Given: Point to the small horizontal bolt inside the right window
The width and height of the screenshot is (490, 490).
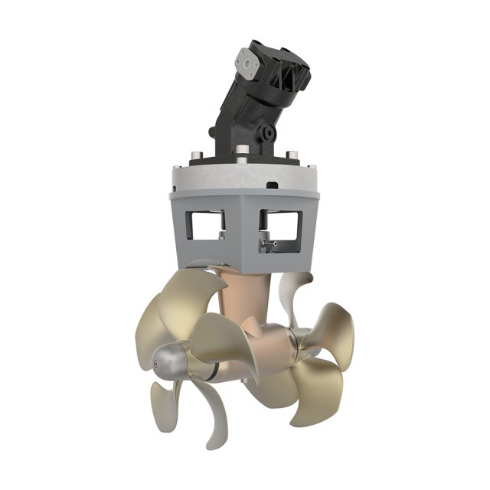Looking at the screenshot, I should click(x=269, y=243).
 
